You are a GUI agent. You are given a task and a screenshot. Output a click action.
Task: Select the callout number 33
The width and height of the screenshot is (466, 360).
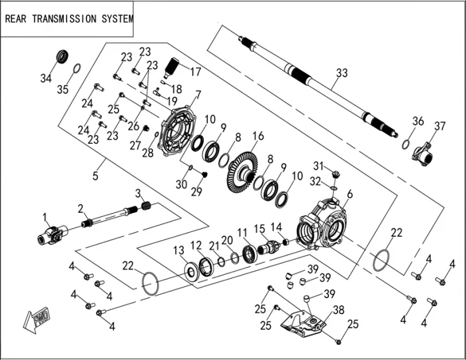(x=342, y=73)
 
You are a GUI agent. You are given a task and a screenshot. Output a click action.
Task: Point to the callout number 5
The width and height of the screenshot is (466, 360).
(x=96, y=176)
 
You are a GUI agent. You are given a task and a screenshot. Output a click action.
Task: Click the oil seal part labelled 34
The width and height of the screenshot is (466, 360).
(x=62, y=56)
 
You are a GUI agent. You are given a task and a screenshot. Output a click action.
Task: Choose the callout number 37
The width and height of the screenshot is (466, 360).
(x=439, y=126)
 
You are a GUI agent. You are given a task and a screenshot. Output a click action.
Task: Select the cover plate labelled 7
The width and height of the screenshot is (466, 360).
(x=178, y=132)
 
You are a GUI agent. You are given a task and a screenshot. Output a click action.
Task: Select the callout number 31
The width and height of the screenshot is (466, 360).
(x=318, y=166)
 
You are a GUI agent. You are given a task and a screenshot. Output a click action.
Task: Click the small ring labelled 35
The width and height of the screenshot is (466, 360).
(x=77, y=69)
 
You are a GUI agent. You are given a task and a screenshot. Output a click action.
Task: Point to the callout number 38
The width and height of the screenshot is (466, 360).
(x=338, y=309)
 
